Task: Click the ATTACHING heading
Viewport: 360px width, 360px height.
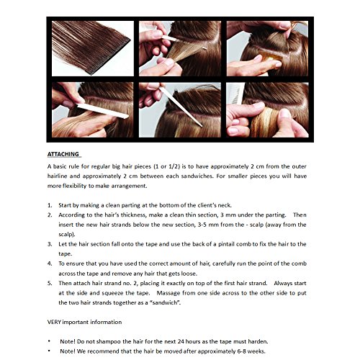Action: click(63, 154)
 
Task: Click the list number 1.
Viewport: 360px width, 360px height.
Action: click(50, 205)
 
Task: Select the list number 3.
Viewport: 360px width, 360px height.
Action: click(50, 244)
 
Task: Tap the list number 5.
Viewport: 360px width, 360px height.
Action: click(50, 283)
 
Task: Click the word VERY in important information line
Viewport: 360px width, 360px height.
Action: click(54, 322)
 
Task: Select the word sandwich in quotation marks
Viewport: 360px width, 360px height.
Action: click(166, 302)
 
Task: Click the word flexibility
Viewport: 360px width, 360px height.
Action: click(74, 186)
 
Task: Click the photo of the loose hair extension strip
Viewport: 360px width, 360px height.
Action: click(93, 48)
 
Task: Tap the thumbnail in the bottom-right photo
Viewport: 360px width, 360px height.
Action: click(286, 113)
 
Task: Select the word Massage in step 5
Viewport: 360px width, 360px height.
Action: click(168, 293)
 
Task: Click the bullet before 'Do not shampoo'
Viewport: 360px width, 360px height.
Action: click(49, 341)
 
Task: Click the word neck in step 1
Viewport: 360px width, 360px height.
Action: click(225, 205)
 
